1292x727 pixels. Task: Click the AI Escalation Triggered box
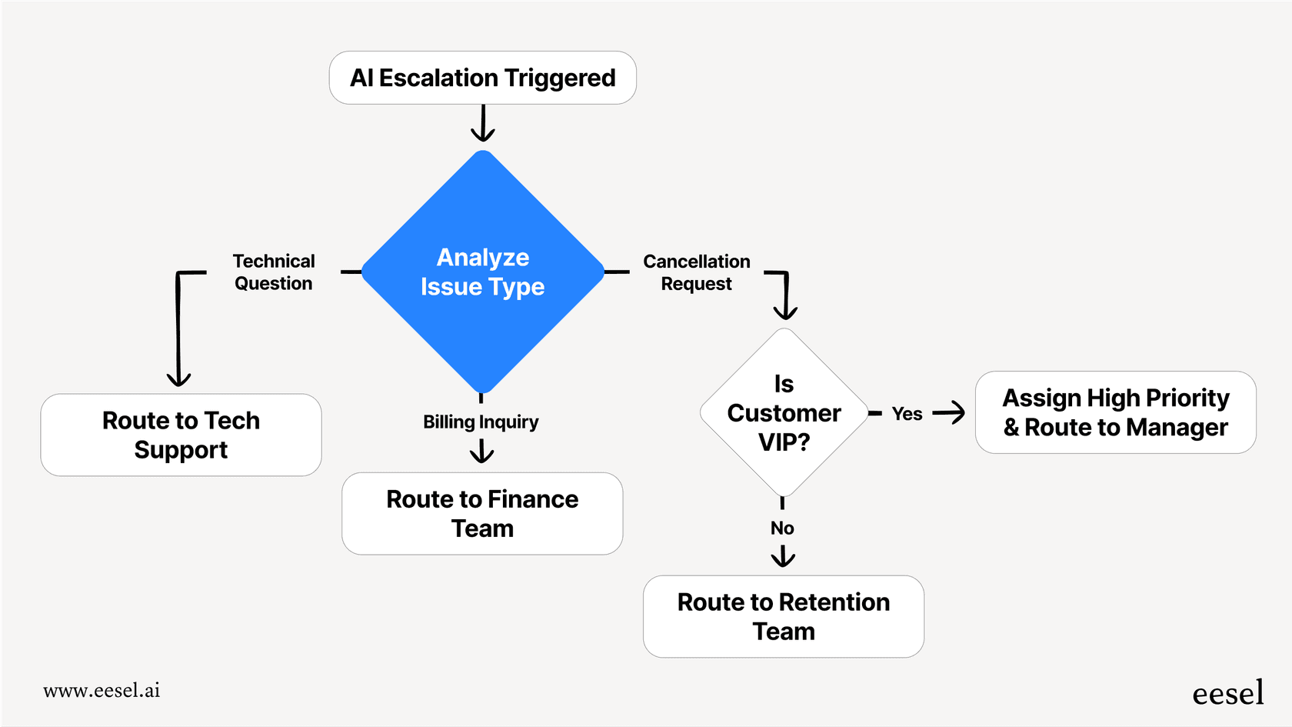click(x=482, y=78)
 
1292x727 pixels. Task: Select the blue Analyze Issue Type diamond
click(x=482, y=272)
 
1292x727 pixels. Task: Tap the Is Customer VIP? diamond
click(x=784, y=413)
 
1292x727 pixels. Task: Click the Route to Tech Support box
click(x=181, y=435)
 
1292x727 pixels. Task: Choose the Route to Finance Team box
click(x=482, y=513)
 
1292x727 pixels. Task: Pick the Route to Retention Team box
click(x=783, y=616)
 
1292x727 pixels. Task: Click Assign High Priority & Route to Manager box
click(x=1115, y=412)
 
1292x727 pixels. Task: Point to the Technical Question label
click(x=274, y=272)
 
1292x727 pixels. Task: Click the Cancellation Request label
click(x=697, y=272)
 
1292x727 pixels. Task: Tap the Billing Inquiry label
click(x=481, y=422)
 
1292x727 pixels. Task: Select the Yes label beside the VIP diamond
click(x=907, y=414)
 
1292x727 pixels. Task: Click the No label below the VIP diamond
click(x=782, y=528)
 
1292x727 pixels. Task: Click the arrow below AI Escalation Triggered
click(x=482, y=125)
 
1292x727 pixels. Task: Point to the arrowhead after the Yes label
click(x=954, y=412)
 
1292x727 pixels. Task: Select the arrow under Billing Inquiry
click(x=481, y=452)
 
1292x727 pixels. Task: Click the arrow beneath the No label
click(x=783, y=556)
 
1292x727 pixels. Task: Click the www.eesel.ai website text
click(x=102, y=690)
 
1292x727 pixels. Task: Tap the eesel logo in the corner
click(x=1227, y=693)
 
